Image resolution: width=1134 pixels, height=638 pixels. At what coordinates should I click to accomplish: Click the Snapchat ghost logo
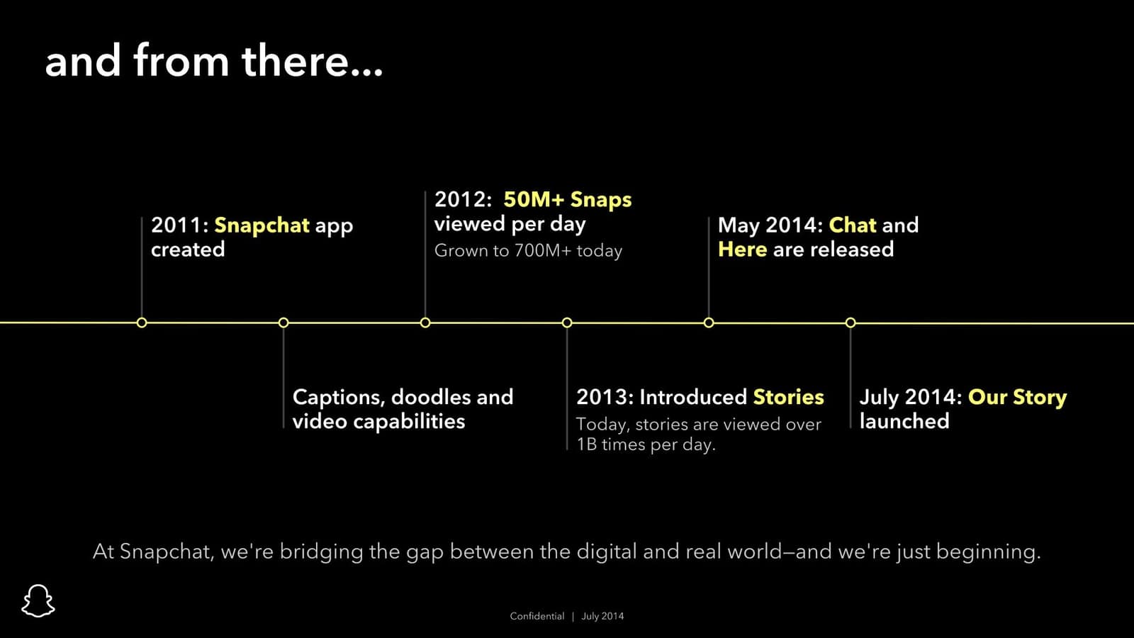pyautogui.click(x=38, y=600)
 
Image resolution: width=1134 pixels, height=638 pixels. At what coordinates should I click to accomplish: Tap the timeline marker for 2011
pyautogui.click(x=142, y=323)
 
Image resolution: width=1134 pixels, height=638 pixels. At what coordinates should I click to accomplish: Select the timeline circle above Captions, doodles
pyautogui.click(x=283, y=323)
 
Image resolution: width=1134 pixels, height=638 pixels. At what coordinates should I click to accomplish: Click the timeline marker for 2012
pyautogui.click(x=425, y=323)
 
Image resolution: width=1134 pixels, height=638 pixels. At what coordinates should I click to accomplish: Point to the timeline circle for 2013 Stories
pyautogui.click(x=567, y=323)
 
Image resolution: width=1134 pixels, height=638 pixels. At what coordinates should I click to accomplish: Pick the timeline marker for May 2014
pyautogui.click(x=709, y=323)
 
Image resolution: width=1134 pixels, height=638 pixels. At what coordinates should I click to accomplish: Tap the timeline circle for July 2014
pyautogui.click(x=850, y=323)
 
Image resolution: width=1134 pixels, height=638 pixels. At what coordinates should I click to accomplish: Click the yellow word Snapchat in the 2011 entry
pyautogui.click(x=262, y=225)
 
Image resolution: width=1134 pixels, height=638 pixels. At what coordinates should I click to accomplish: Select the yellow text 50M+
pyautogui.click(x=533, y=199)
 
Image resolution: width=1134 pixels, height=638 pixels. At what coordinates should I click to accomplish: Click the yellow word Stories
pyautogui.click(x=788, y=397)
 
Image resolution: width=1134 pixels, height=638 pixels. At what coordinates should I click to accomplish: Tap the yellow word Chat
pyautogui.click(x=852, y=225)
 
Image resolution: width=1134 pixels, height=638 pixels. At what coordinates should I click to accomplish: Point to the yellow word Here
pyautogui.click(x=742, y=250)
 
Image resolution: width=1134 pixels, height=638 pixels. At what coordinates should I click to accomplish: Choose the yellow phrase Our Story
pyautogui.click(x=1017, y=397)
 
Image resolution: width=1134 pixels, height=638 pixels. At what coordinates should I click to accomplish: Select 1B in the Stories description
pyautogui.click(x=587, y=444)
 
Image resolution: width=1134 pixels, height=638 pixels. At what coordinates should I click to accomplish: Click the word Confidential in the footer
pyautogui.click(x=537, y=616)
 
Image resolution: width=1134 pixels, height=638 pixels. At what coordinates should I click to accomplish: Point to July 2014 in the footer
pyautogui.click(x=602, y=616)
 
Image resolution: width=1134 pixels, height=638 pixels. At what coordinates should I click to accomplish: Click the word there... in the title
pyautogui.click(x=312, y=61)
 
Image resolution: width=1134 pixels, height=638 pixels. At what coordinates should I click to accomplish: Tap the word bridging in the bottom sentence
pyautogui.click(x=321, y=552)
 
